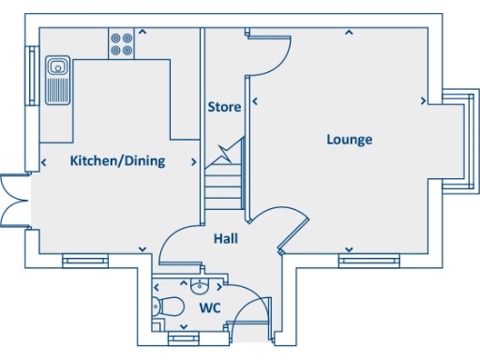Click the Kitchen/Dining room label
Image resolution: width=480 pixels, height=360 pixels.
(117, 160)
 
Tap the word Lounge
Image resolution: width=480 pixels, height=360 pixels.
(349, 140)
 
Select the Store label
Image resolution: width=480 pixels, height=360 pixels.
(224, 107)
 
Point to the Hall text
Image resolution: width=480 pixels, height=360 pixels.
(225, 239)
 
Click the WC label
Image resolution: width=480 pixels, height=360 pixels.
(209, 307)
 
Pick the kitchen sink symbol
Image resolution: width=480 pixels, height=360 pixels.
(58, 79)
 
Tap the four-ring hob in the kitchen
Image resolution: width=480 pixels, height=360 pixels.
(122, 44)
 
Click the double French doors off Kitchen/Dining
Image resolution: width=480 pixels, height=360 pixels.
(15, 201)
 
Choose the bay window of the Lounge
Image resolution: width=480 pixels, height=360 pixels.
(457, 141)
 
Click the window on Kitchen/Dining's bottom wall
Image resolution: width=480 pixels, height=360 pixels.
(85, 261)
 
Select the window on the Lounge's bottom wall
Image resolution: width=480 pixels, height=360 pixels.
(362, 261)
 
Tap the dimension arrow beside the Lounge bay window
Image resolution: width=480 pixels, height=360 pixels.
(425, 99)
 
